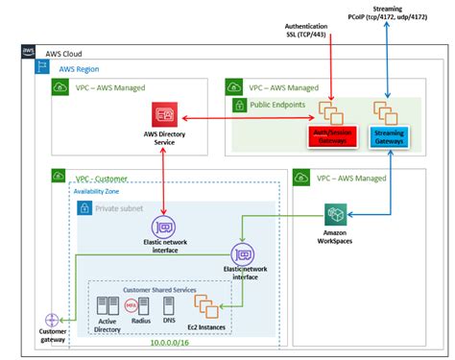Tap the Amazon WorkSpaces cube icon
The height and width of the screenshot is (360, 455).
click(336, 214)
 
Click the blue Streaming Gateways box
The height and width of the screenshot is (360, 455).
click(387, 136)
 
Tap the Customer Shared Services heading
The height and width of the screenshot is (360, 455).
click(160, 287)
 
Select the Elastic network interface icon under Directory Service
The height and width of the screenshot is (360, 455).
click(164, 228)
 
